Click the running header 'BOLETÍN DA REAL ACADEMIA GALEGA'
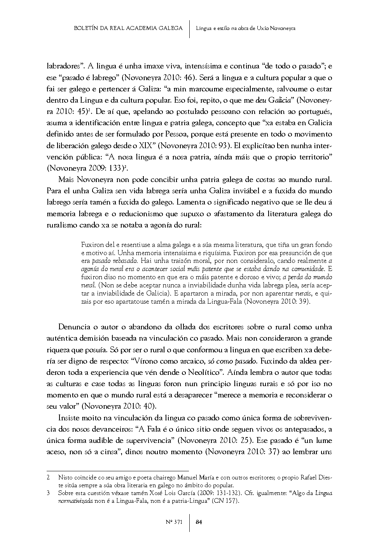(128, 28)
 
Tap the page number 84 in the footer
(199, 522)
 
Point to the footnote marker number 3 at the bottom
(48, 493)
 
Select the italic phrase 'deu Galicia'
(274, 101)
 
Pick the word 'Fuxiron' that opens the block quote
(92, 245)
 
